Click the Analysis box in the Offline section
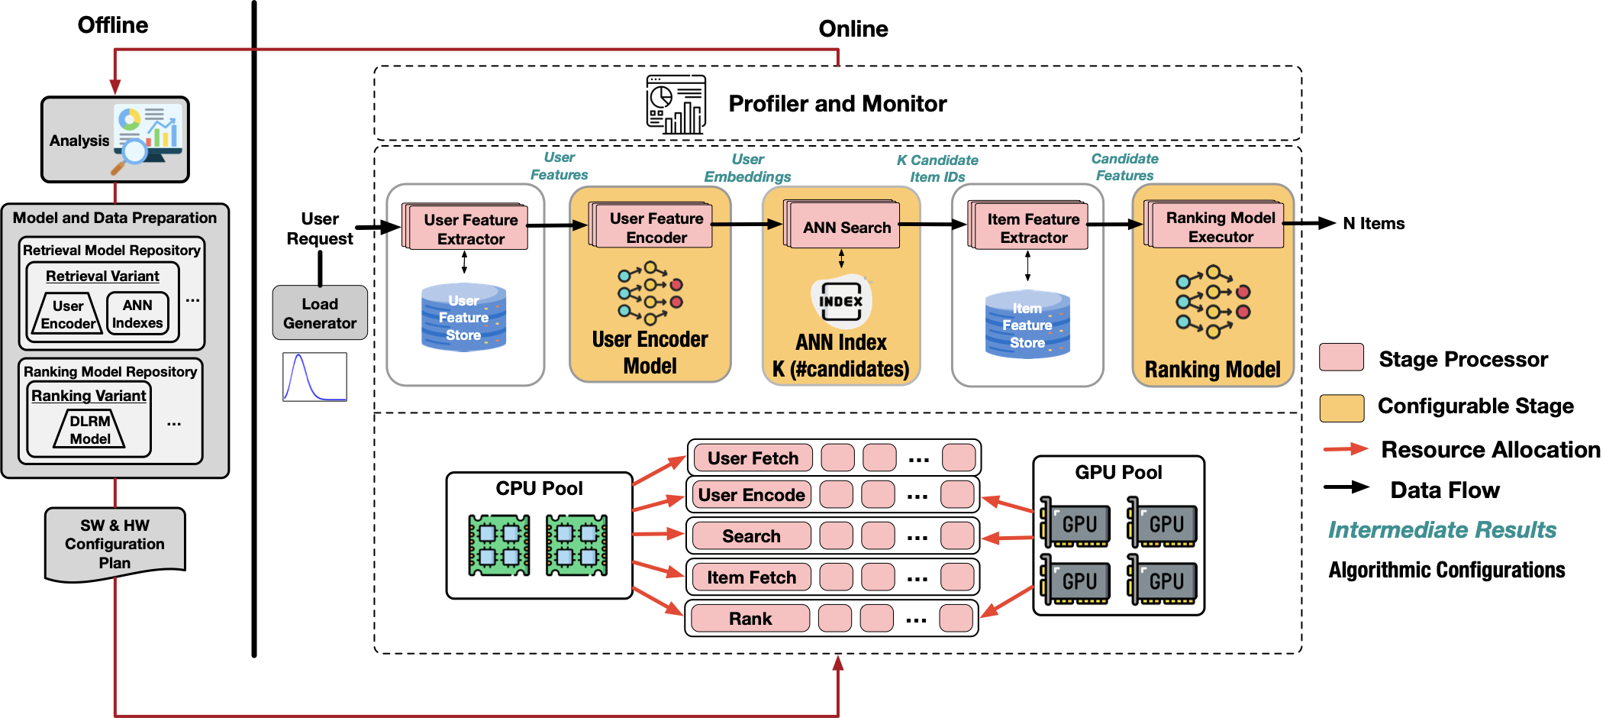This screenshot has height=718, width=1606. click(x=114, y=140)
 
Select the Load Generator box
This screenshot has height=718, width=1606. click(x=320, y=313)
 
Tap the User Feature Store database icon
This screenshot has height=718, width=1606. click(x=464, y=318)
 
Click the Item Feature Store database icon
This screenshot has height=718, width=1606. click(x=1027, y=325)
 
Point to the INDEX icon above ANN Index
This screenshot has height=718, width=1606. click(x=841, y=301)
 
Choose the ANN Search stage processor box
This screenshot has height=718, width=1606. click(x=846, y=227)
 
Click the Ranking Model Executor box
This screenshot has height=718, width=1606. click(x=1220, y=227)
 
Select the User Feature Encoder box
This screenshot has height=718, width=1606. click(x=656, y=228)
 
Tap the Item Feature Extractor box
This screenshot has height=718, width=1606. click(x=1033, y=228)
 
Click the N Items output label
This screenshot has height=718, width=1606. click(x=1373, y=224)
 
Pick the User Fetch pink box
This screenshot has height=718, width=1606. click(x=752, y=458)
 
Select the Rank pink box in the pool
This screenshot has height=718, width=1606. click(x=750, y=619)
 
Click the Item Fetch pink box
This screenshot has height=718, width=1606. click(x=751, y=577)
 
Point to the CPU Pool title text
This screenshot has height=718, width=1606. click(x=539, y=489)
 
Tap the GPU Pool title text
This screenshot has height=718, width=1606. click(x=1118, y=473)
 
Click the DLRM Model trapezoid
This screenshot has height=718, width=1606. click(x=90, y=430)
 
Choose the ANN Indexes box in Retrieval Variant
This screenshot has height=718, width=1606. click(x=137, y=314)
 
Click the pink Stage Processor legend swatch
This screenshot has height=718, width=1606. click(x=1341, y=357)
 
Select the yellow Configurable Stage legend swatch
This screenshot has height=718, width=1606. click(x=1341, y=408)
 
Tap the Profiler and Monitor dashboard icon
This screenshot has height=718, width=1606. click(x=676, y=105)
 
